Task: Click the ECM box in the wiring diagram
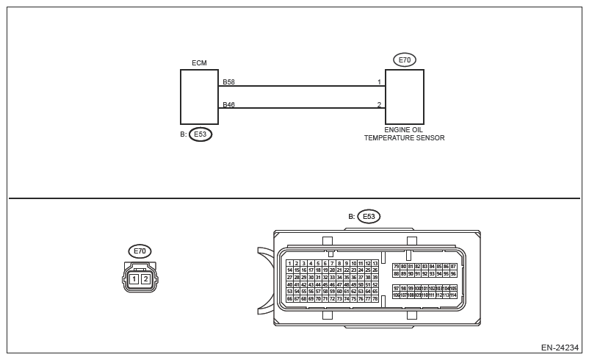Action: pyautogui.click(x=199, y=97)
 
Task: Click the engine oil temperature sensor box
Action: pyautogui.click(x=405, y=97)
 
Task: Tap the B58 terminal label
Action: pyautogui.click(x=228, y=82)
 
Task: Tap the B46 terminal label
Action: pyautogui.click(x=228, y=105)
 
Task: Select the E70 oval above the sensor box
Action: pyautogui.click(x=404, y=60)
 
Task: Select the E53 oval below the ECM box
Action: pyautogui.click(x=200, y=134)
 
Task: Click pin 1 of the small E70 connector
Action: pyautogui.click(x=134, y=279)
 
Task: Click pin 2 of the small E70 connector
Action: pyautogui.click(x=145, y=279)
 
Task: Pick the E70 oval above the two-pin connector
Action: pyautogui.click(x=140, y=251)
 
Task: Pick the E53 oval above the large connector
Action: pyautogui.click(x=369, y=217)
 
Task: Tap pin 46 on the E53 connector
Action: pyautogui.click(x=332, y=284)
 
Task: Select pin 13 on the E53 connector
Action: pyautogui.click(x=375, y=263)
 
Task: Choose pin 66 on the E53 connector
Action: pyautogui.click(x=289, y=299)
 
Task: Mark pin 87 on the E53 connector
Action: pyautogui.click(x=453, y=267)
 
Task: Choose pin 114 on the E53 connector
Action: pyautogui.click(x=453, y=295)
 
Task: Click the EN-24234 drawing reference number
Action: pyautogui.click(x=560, y=348)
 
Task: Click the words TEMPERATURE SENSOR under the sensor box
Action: pyautogui.click(x=404, y=138)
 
